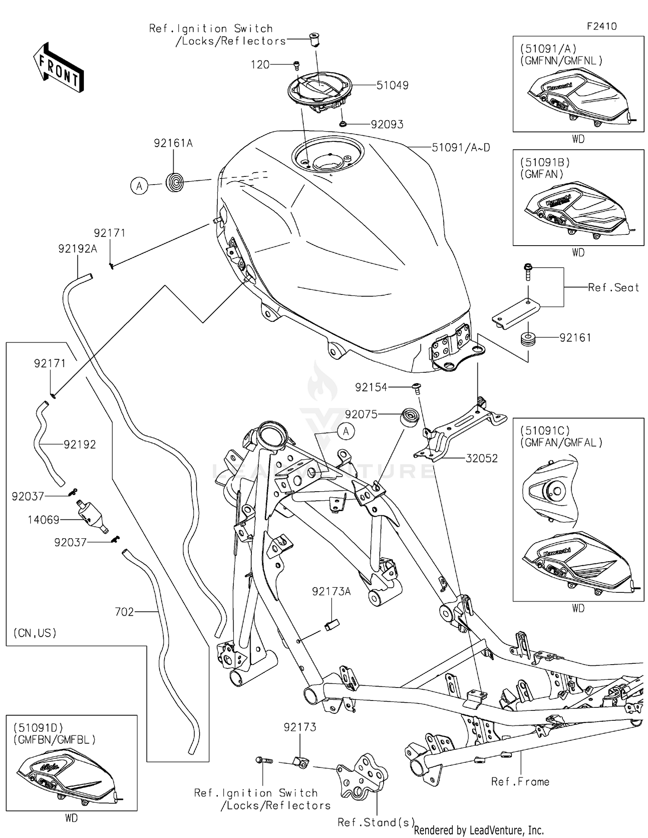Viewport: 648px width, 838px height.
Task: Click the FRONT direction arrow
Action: pos(59,68)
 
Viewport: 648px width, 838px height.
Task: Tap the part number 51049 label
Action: pos(392,86)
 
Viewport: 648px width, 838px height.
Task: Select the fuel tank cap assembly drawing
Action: pos(320,93)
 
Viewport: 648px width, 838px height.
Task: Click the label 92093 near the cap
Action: pos(387,125)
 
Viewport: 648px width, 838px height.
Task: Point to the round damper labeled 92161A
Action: pos(175,182)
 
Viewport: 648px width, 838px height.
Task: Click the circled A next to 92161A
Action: pos(139,186)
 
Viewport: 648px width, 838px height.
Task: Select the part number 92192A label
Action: pos(78,249)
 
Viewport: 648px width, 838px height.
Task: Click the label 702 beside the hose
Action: pos(124,612)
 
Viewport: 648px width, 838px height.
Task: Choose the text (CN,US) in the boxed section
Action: pos(35,633)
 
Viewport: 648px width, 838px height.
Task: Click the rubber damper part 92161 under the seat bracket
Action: pos(527,339)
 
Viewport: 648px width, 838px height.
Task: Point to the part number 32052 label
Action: pos(482,458)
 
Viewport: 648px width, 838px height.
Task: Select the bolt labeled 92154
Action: pos(417,387)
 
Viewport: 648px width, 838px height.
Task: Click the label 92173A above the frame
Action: pos(331,592)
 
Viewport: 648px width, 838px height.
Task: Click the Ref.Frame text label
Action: pos(520,782)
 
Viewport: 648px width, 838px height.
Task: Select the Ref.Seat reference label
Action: pos(613,288)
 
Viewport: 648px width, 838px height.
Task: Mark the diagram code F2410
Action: pos(602,26)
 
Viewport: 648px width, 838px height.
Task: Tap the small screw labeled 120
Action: pos(296,65)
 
